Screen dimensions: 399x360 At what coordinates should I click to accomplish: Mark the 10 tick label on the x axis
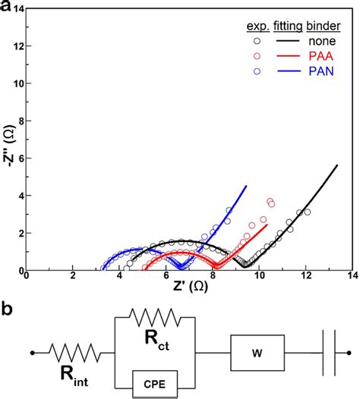[258, 278]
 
